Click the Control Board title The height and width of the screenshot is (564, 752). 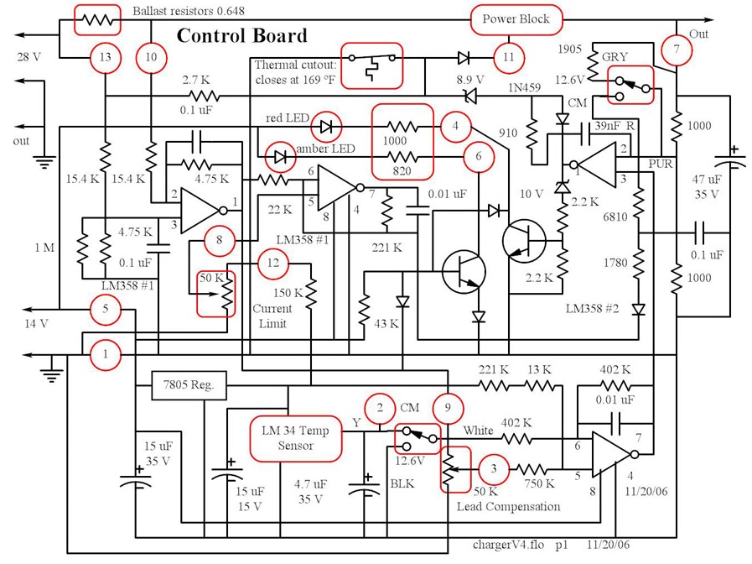241,36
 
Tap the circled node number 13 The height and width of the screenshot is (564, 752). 105,57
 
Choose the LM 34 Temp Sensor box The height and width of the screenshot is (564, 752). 296,438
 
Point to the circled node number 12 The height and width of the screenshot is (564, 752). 272,264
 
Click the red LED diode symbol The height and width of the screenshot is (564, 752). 328,127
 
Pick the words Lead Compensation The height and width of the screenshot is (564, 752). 508,506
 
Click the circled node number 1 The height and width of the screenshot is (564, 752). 106,354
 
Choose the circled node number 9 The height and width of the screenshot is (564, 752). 449,409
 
